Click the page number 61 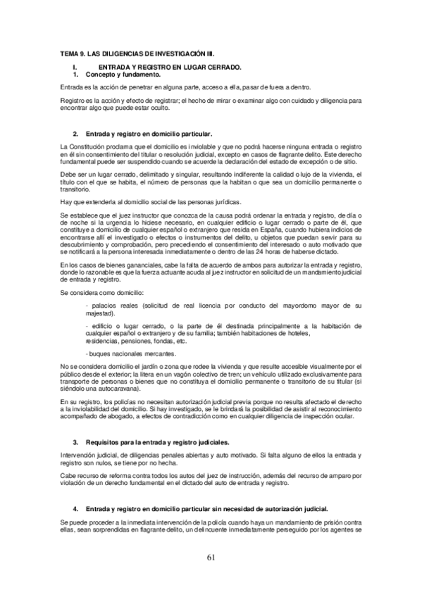point(211,558)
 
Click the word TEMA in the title point(69,54)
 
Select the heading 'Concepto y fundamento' point(123,74)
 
